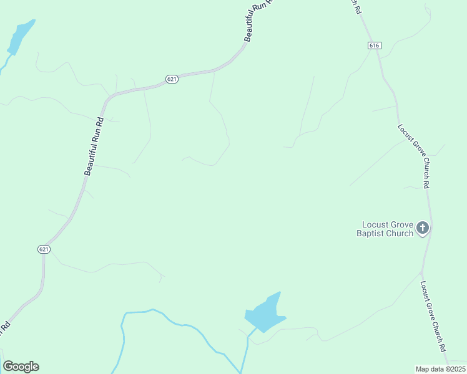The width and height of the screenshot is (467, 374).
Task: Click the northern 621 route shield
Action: [x=172, y=79]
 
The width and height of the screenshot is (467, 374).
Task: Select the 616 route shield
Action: [x=374, y=46]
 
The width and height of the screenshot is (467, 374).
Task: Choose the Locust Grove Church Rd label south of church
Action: [x=433, y=314]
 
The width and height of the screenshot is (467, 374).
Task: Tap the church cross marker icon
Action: [x=423, y=229]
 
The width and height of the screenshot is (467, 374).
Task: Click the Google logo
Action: [x=21, y=367]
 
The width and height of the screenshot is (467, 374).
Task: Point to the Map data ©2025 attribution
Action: [x=440, y=369]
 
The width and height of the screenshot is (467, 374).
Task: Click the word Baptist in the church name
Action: [x=371, y=233]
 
